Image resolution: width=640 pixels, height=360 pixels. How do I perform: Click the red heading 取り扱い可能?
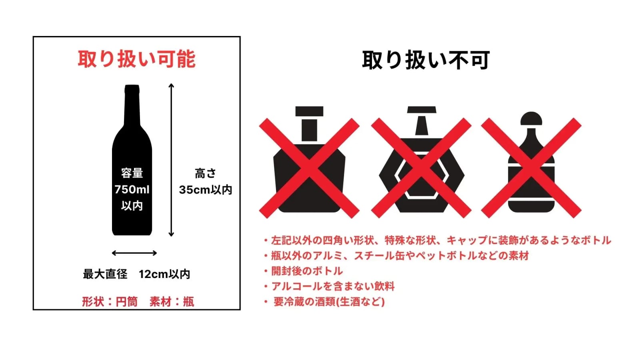(x=136, y=59)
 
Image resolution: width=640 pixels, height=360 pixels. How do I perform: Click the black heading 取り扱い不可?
(x=426, y=60)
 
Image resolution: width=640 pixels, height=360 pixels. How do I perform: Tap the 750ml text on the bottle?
(x=132, y=190)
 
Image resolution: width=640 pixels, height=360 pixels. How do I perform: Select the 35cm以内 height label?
(x=206, y=190)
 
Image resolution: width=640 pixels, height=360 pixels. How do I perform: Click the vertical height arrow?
(x=171, y=160)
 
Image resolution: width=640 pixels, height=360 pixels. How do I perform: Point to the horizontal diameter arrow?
(x=134, y=253)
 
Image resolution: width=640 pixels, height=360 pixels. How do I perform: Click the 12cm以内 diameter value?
(x=164, y=274)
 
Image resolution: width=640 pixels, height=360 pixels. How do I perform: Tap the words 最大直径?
(x=105, y=274)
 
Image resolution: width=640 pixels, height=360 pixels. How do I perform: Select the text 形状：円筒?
(x=110, y=302)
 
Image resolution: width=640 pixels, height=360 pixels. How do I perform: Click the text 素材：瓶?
(x=172, y=302)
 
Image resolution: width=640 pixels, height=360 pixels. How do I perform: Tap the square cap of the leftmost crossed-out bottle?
(x=310, y=111)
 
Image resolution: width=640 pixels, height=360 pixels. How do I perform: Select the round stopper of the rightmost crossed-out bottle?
(x=531, y=118)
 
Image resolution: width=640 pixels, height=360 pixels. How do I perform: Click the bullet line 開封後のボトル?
(x=304, y=271)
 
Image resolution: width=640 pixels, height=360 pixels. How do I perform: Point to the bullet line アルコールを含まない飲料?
(x=330, y=286)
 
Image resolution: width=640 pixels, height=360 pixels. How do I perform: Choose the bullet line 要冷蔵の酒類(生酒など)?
(x=324, y=302)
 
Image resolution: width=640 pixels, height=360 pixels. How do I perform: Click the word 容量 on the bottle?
(x=132, y=173)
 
